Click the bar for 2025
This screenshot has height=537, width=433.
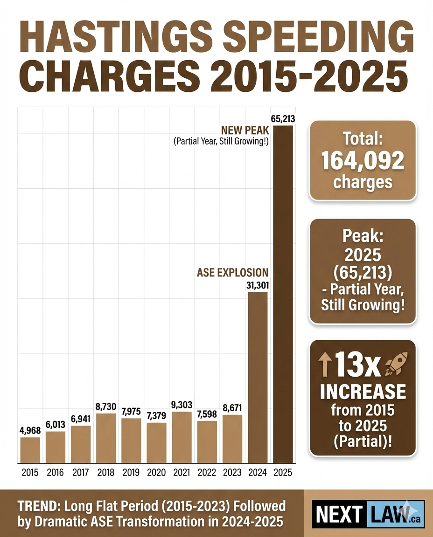pyautogui.click(x=283, y=294)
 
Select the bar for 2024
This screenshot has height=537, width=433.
pyautogui.click(x=258, y=378)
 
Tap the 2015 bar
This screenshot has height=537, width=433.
pyautogui.click(x=30, y=450)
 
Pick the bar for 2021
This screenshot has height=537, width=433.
pyautogui.click(x=182, y=437)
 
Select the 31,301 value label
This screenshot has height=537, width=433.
pyautogui.click(x=257, y=285)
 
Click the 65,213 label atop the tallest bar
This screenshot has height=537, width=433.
pyautogui.click(x=283, y=118)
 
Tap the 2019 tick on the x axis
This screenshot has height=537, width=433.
pyautogui.click(x=131, y=472)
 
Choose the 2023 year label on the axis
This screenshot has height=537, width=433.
pyautogui.click(x=232, y=472)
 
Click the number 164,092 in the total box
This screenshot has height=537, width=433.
pyautogui.click(x=363, y=161)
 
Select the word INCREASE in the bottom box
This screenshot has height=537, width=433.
pyautogui.click(x=363, y=392)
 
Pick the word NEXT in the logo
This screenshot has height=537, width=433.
pyautogui.click(x=338, y=515)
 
